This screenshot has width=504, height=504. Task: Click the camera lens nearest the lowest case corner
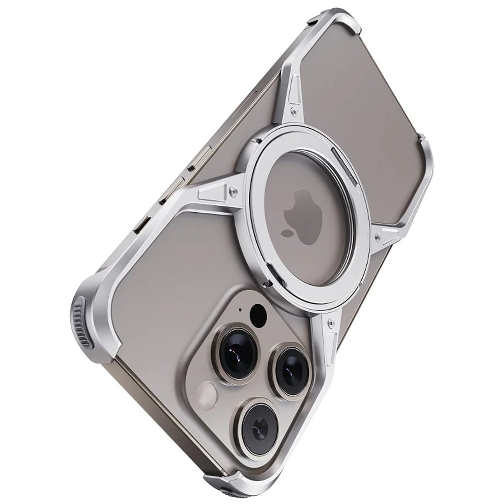(x=259, y=427)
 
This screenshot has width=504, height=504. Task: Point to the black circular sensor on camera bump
(x=258, y=315)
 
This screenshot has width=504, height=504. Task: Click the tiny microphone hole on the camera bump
(x=240, y=309)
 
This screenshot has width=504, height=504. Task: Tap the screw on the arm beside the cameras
(x=330, y=322)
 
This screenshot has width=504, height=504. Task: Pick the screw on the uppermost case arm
(x=293, y=111)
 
